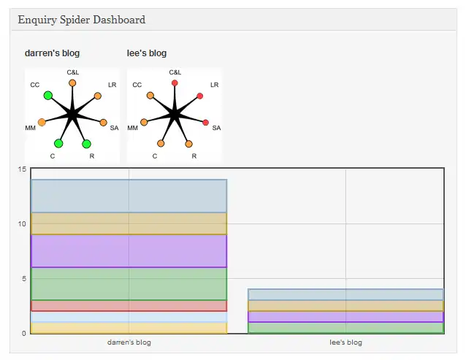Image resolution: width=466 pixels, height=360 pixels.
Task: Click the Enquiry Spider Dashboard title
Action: (81, 20)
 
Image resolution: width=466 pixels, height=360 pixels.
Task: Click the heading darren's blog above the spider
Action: (52, 53)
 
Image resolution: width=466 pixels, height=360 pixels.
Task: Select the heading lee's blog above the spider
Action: (147, 53)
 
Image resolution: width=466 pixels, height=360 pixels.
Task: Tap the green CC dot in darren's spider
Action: (48, 96)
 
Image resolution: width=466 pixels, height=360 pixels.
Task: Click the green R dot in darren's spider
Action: (86, 144)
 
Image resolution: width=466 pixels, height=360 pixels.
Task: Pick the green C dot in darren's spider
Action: (58, 143)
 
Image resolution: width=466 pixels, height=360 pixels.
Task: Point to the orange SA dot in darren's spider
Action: (103, 122)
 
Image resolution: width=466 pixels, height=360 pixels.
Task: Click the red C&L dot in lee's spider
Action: (175, 83)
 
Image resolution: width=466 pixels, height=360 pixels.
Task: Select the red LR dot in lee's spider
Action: (200, 96)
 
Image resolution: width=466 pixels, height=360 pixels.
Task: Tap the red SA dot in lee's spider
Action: (205, 122)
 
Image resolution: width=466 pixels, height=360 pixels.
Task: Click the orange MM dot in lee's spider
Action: (144, 122)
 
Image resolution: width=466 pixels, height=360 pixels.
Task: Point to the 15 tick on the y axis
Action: (22, 169)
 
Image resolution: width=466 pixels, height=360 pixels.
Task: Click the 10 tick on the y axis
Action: (22, 223)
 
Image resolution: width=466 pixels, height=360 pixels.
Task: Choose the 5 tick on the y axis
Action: (23, 278)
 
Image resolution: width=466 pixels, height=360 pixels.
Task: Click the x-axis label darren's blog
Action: (129, 342)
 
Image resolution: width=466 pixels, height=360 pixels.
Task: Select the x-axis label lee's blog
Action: (345, 342)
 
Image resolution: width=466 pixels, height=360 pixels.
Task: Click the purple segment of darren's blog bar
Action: (129, 250)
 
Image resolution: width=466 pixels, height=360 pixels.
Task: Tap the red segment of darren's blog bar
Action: (129, 305)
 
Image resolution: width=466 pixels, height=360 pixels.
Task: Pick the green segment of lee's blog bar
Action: (345, 327)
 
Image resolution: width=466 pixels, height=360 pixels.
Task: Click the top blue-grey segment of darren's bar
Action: (129, 196)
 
